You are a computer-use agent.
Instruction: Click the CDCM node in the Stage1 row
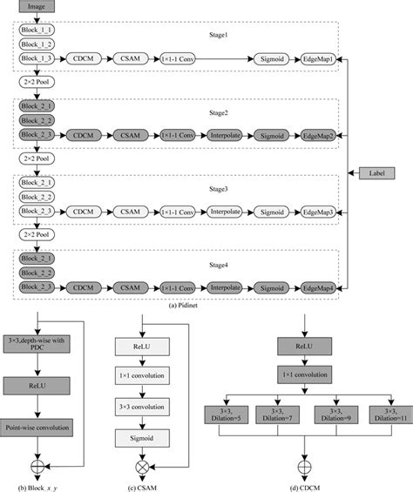85,58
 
